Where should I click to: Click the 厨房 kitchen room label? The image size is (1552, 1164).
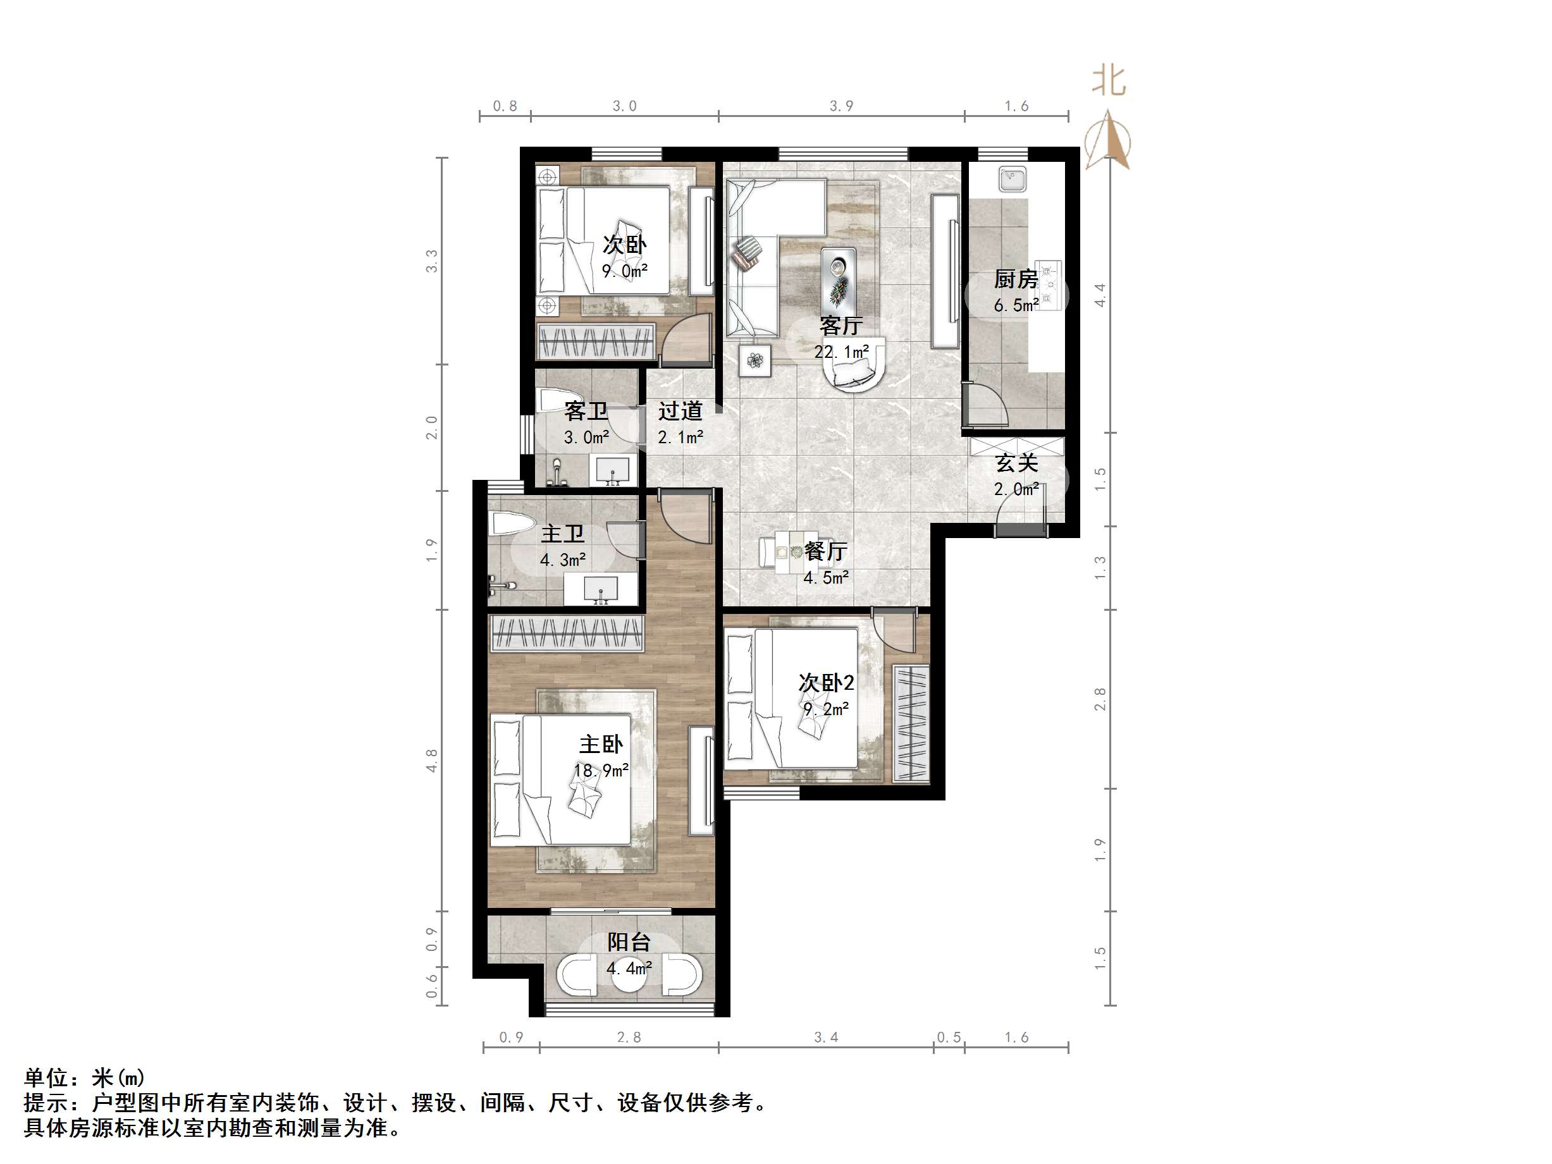pos(1015,279)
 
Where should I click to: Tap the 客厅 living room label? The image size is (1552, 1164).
pos(840,326)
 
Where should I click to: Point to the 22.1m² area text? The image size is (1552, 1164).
pos(841,352)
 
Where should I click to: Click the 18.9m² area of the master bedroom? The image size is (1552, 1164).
pos(601,770)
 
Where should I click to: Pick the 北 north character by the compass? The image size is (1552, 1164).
pos(1109,82)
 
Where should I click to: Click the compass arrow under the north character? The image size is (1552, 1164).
pos(1107,140)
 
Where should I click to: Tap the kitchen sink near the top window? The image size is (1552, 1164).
pos(1013,179)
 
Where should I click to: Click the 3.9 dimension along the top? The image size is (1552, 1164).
pos(841,106)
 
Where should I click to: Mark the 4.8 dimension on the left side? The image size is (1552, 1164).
pos(431,761)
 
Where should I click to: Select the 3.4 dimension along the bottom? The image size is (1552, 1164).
pos(826,1037)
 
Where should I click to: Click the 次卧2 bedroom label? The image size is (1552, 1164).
pos(826,683)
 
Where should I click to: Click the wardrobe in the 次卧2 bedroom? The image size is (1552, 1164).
pos(911,723)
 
